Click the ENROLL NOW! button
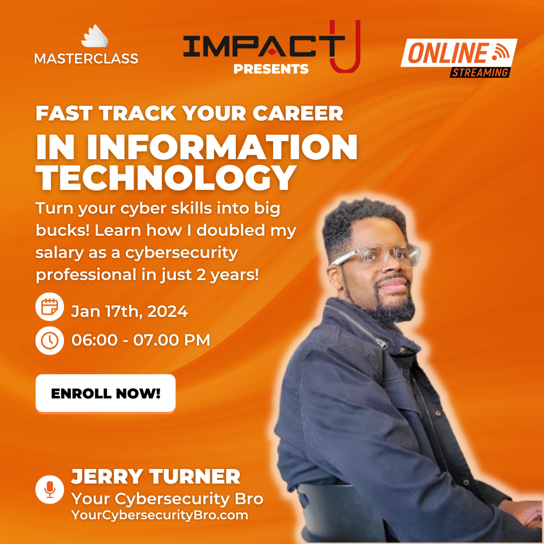click(x=105, y=393)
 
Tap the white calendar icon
click(x=49, y=307)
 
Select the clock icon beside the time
click(x=49, y=341)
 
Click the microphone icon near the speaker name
click(x=49, y=489)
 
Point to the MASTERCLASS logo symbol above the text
click(x=95, y=36)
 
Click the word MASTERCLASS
click(x=87, y=58)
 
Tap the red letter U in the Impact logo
click(x=345, y=46)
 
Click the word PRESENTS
click(x=271, y=69)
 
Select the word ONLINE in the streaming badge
click(x=448, y=53)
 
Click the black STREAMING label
click(x=480, y=73)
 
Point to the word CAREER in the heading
click(x=298, y=113)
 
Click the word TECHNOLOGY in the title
click(x=166, y=178)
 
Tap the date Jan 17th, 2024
click(x=129, y=311)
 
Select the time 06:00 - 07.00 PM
click(x=141, y=340)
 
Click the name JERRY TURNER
click(x=156, y=477)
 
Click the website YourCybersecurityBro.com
click(x=160, y=515)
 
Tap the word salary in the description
click(x=59, y=252)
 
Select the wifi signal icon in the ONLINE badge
click(x=501, y=52)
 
